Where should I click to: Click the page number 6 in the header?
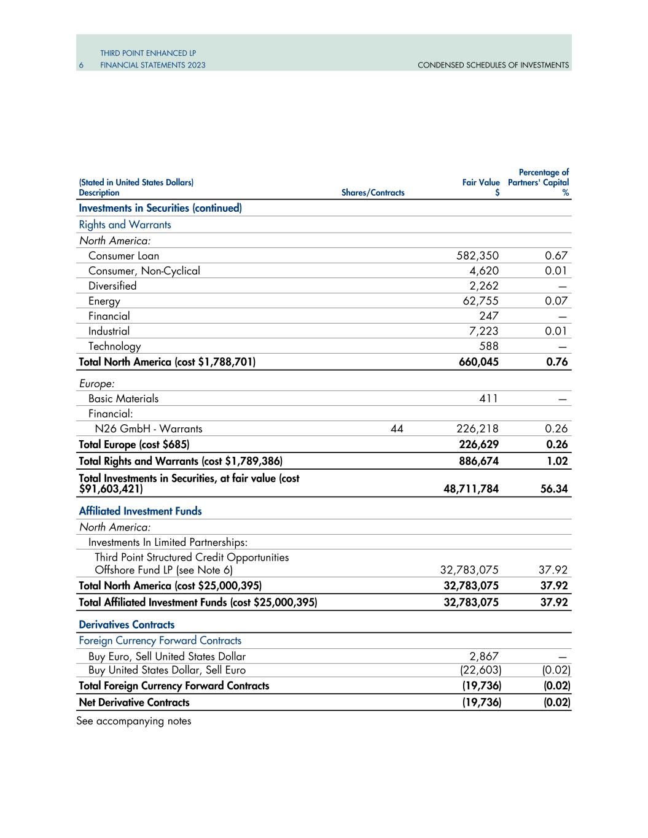[80, 65]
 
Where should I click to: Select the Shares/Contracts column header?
[372, 193]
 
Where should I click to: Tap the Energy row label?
[104, 301]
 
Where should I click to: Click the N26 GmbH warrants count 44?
[397, 429]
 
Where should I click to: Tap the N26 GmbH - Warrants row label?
[145, 429]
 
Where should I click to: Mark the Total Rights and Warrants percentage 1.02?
[557, 461]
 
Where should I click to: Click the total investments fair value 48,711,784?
[471, 489]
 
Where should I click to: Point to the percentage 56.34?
[555, 489]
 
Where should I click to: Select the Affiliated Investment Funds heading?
[140, 511]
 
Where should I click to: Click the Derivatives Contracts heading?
[127, 624]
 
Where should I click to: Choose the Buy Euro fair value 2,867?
[485, 656]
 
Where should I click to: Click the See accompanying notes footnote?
[133, 721]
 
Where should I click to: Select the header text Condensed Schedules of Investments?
[493, 65]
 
